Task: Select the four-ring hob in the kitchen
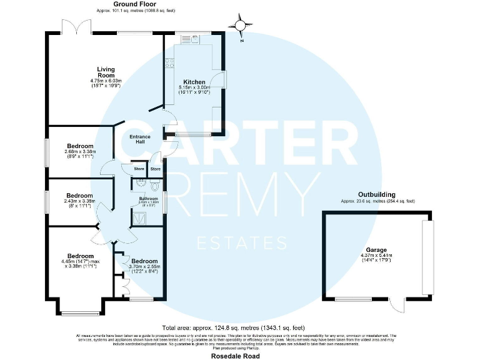coord(169,62)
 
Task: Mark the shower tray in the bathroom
coord(138,217)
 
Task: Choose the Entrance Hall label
coord(140,139)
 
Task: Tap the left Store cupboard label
coord(138,169)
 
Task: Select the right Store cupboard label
coord(155,169)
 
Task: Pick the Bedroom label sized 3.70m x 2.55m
coord(143,261)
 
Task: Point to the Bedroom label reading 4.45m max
coord(81,256)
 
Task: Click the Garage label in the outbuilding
coord(376,249)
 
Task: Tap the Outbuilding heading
coord(376,194)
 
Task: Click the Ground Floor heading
coord(134,4)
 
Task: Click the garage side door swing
coord(397,306)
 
